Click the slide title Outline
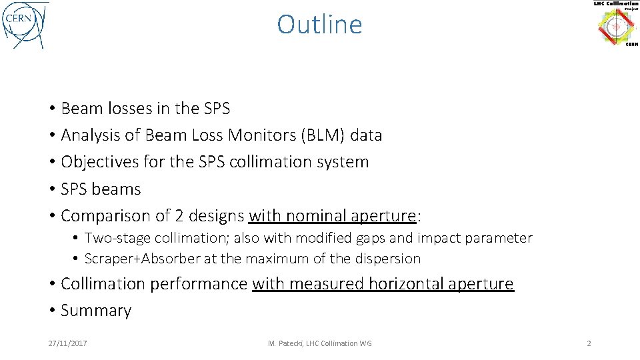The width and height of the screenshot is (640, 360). pos(319,25)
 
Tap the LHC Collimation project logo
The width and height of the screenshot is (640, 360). pos(616,24)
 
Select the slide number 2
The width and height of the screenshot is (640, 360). pos(589,343)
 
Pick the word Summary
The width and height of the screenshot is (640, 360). pos(96,311)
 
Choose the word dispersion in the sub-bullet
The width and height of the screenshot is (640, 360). pos(389,259)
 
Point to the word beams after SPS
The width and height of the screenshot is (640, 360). pos(117,189)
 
